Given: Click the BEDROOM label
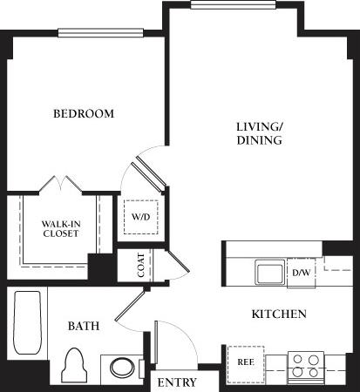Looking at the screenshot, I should [84, 114].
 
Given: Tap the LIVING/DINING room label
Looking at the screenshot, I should [260, 132].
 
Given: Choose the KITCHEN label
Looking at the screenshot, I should [278, 314].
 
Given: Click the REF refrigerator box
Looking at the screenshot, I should [244, 360].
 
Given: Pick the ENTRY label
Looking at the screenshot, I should [176, 382].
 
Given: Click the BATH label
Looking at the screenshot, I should [84, 326].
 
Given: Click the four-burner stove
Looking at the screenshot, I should [306, 363].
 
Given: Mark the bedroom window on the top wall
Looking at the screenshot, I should [88, 34].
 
